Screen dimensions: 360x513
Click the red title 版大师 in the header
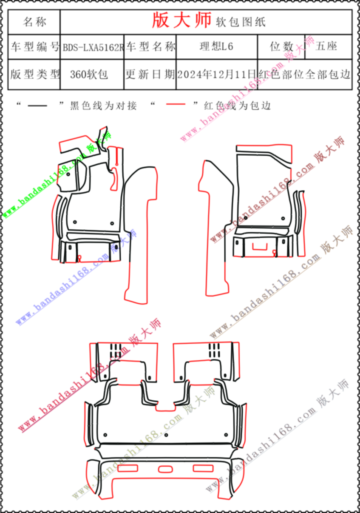coord(181,20)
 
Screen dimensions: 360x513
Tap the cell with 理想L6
coord(216,46)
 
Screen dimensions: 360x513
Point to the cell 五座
coord(326,46)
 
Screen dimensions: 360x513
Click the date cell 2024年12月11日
coord(216,74)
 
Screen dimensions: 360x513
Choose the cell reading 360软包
coord(89,74)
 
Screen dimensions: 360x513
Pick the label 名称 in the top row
coord(34,22)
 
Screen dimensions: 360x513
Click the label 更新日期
coord(150,74)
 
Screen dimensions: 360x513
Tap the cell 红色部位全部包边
coord(304,74)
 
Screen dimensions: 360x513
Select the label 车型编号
coord(34,47)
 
